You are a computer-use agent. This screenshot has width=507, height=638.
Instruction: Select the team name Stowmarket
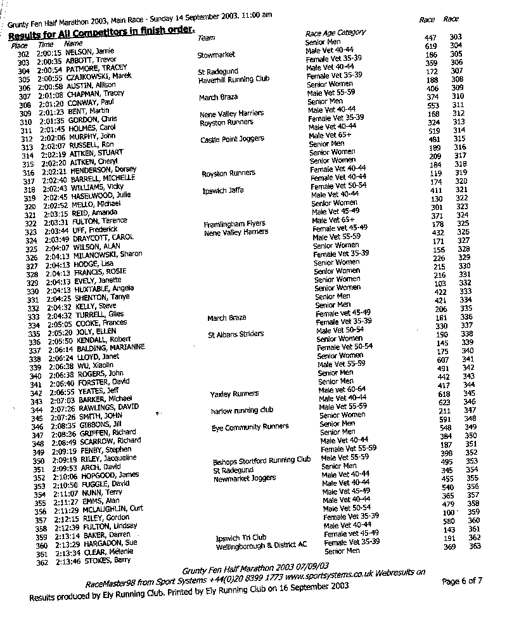216,56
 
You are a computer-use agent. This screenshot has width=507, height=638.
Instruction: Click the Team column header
207,38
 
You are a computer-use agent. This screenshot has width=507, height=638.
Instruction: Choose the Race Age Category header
335,33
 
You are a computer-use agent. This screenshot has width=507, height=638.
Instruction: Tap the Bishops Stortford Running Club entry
262,462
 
